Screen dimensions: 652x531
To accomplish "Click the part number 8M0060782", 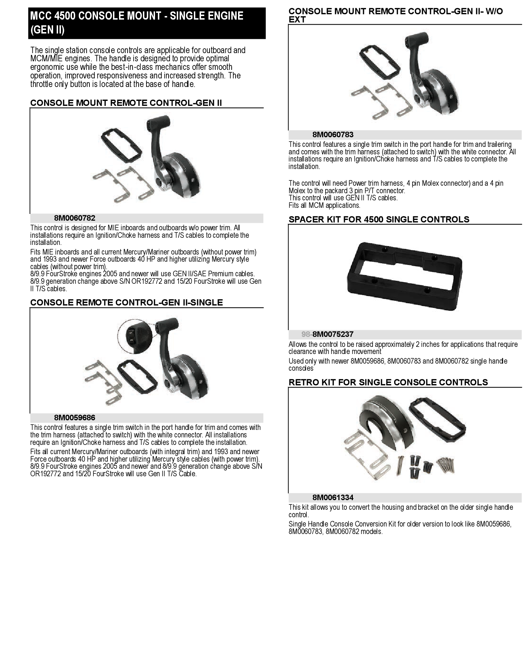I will pyautogui.click(x=75, y=218).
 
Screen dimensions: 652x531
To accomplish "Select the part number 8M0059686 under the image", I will pyautogui.click(x=75, y=418).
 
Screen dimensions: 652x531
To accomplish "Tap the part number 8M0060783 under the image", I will pyautogui.click(x=333, y=135).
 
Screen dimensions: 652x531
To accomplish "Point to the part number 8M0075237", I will pyautogui.click(x=333, y=334).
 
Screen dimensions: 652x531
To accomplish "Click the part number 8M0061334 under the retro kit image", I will pyautogui.click(x=333, y=498).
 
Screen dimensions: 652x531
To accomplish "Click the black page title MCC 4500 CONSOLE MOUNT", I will pyautogui.click(x=137, y=23).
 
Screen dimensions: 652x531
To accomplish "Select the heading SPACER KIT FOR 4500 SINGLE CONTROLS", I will pyautogui.click(x=379, y=220).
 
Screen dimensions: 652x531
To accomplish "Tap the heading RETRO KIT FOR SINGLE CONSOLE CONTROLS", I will pyautogui.click(x=388, y=383).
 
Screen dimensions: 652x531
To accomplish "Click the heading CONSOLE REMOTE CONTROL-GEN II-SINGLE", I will pyautogui.click(x=127, y=303).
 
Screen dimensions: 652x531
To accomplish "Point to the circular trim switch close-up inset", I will pyautogui.click(x=135, y=336).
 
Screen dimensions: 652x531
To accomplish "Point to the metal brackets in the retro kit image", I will pyautogui.click(x=364, y=453).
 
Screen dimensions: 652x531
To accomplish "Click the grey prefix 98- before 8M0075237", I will pyautogui.click(x=306, y=334).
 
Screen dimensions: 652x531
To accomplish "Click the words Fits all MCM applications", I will pyautogui.click(x=324, y=205).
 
